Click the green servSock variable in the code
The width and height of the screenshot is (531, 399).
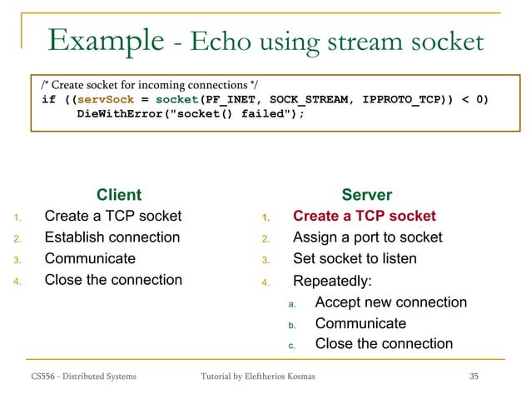pos(106,100)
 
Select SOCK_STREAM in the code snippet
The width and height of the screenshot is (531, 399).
pos(304,100)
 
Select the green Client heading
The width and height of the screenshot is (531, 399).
pos(119,195)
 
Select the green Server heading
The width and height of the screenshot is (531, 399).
pos(366,195)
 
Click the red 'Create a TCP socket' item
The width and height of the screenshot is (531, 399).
pos(364,217)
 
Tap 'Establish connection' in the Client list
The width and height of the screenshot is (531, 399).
pos(112,237)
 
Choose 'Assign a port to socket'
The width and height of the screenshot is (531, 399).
pos(367,237)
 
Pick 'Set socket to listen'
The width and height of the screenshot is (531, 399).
pos(355,258)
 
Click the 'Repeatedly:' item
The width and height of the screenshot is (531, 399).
pos(332,281)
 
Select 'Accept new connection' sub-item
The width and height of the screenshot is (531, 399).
pos(390,302)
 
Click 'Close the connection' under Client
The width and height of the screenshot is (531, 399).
pos(113,280)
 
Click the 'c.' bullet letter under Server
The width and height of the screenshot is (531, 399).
pos(292,345)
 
